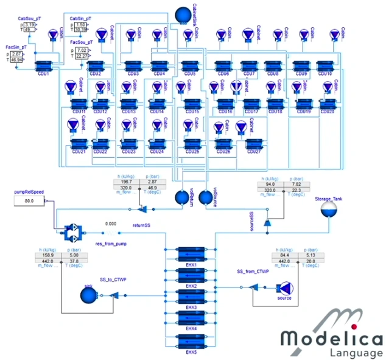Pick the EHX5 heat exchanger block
(192, 339)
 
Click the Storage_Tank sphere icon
(329, 211)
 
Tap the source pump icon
(284, 288)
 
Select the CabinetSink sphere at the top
(183, 13)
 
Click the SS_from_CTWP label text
(253, 270)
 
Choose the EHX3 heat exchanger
(192, 295)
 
